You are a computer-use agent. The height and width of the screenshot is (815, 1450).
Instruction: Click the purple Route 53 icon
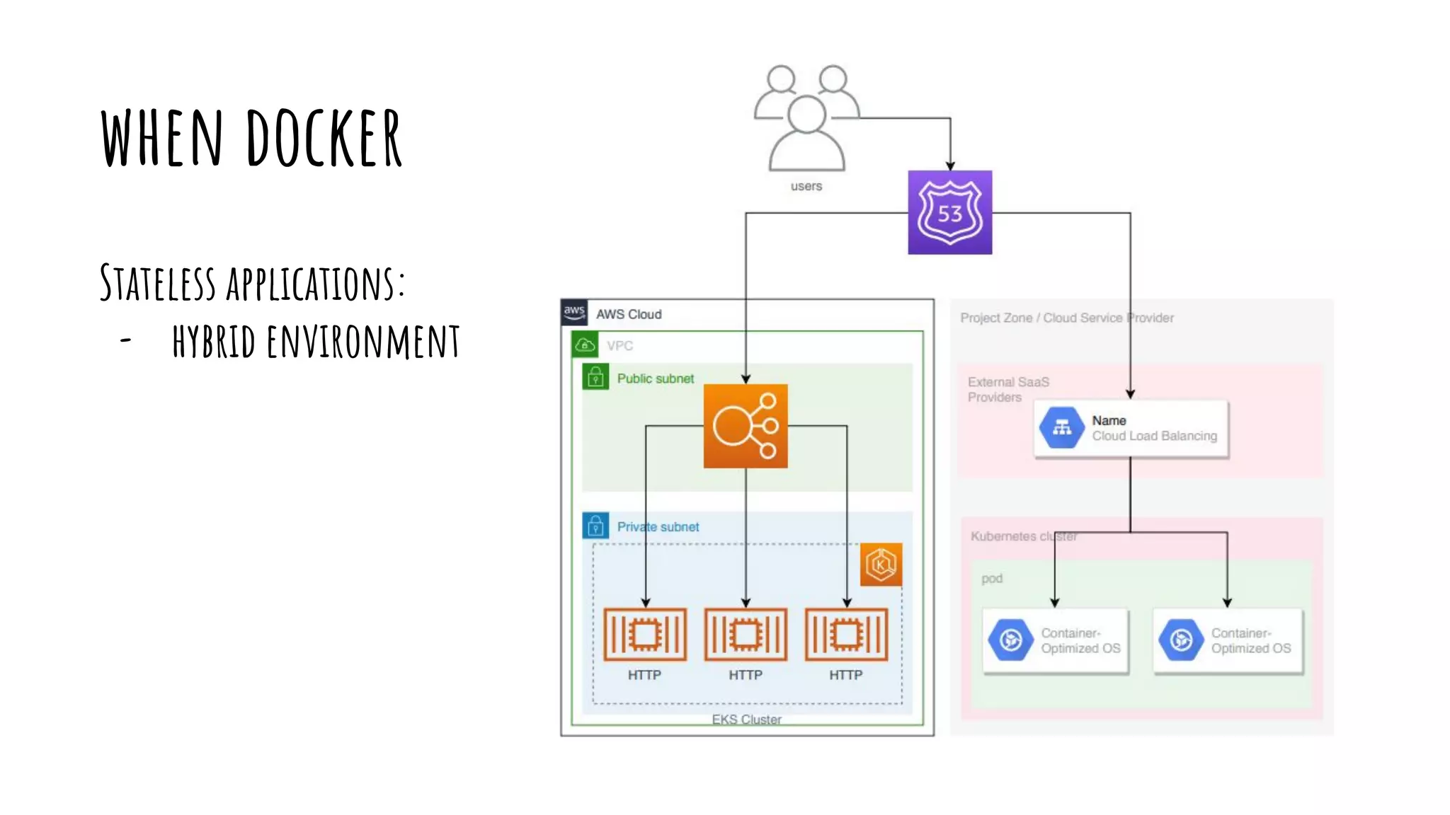click(x=949, y=212)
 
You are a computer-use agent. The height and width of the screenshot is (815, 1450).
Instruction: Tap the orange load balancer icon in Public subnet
click(x=745, y=426)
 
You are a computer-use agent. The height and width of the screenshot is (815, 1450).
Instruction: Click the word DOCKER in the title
click(x=324, y=139)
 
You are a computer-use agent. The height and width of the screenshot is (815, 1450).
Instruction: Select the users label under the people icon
click(x=806, y=186)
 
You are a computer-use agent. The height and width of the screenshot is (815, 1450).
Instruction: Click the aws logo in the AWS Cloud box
click(x=574, y=312)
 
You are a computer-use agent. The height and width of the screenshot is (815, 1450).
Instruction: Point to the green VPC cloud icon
click(x=585, y=345)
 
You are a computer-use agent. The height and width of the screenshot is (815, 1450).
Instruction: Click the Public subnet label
click(x=655, y=378)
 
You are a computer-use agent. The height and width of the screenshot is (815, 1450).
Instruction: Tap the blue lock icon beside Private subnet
click(x=595, y=526)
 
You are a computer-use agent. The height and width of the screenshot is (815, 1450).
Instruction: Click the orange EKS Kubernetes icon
click(x=881, y=565)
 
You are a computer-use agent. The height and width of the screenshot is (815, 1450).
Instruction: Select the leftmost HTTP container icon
click(x=644, y=635)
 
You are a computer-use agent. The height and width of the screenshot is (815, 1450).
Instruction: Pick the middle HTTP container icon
click(x=746, y=635)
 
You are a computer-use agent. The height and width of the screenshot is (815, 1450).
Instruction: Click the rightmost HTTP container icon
click(x=846, y=635)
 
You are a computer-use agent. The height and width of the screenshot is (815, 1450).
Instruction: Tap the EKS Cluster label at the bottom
click(x=746, y=719)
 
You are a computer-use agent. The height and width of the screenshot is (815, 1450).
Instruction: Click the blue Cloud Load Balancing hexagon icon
click(x=1061, y=427)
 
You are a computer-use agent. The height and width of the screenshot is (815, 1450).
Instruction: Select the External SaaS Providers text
click(x=1007, y=389)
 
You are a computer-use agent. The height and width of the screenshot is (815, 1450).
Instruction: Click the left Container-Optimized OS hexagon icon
click(x=1011, y=640)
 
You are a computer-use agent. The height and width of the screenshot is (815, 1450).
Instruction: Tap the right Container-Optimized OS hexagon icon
click(x=1181, y=640)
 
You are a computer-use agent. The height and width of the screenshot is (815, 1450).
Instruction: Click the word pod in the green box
click(x=991, y=578)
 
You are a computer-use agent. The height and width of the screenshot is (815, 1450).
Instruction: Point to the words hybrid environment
click(x=316, y=342)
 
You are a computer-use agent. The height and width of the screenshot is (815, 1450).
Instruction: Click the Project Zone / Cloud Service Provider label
click(x=1066, y=318)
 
